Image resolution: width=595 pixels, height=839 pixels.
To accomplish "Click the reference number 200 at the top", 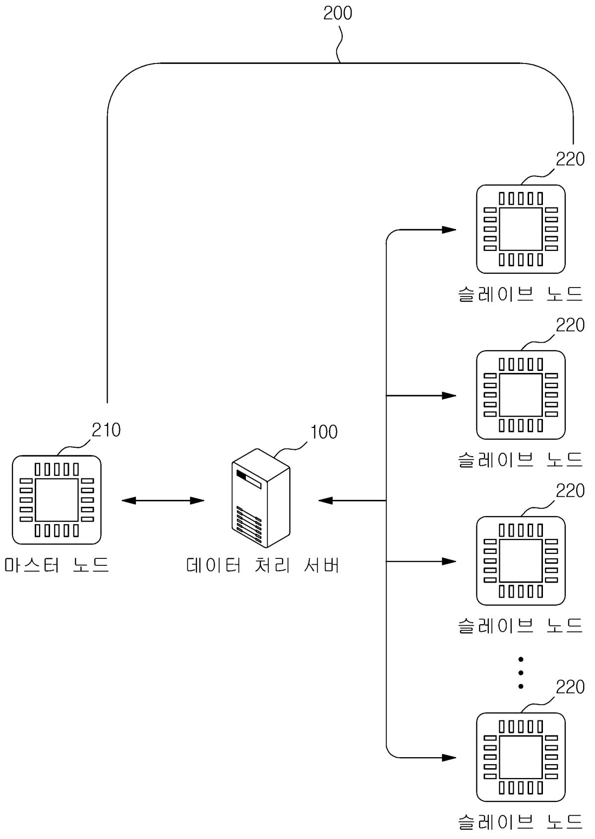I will click(x=338, y=13).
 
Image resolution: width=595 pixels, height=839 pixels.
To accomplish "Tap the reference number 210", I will click(x=106, y=430).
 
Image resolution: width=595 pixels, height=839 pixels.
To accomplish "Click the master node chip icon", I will click(x=57, y=500).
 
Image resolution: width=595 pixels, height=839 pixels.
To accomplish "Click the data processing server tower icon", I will click(x=261, y=498).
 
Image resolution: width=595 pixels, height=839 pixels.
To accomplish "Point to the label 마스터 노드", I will click(x=57, y=565).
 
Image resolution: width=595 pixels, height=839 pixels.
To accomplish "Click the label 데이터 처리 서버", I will click(x=263, y=565).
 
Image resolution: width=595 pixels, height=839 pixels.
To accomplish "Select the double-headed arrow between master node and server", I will click(x=163, y=501).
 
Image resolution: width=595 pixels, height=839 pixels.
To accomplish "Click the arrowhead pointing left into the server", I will click(x=325, y=501).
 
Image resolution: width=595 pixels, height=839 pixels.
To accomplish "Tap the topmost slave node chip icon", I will click(x=521, y=229).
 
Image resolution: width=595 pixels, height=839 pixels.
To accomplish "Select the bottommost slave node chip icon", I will click(x=521, y=757).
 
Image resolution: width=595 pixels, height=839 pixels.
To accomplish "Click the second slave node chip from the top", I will click(x=521, y=395).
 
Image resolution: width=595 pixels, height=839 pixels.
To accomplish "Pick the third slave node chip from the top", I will click(x=521, y=561).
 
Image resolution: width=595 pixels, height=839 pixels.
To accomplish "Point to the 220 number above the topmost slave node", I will click(x=570, y=160).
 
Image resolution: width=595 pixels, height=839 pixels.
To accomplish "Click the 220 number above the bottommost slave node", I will click(x=570, y=688).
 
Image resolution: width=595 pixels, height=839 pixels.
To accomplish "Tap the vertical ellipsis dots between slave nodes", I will click(x=521, y=673).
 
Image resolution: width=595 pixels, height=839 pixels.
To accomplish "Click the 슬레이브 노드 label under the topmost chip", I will click(x=520, y=295).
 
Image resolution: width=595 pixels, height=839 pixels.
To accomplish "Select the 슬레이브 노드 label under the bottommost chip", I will click(x=520, y=822).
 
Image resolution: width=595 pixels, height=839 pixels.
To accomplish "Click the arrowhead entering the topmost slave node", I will click(x=449, y=230).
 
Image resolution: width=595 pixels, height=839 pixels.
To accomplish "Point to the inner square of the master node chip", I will click(x=57, y=500).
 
